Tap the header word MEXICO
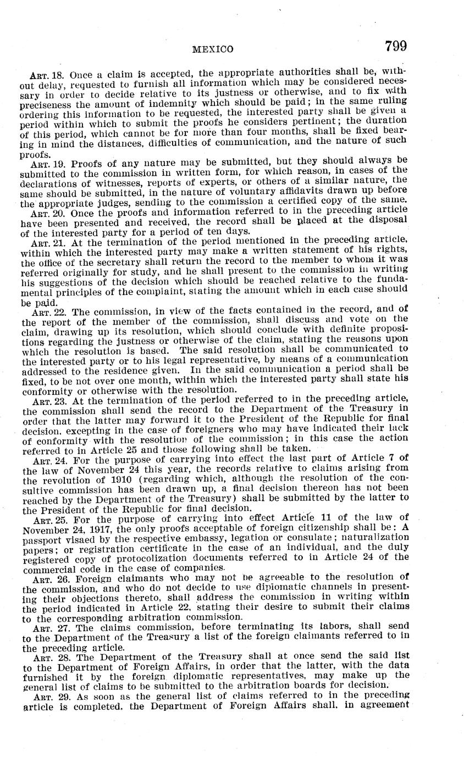[x=213, y=49]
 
